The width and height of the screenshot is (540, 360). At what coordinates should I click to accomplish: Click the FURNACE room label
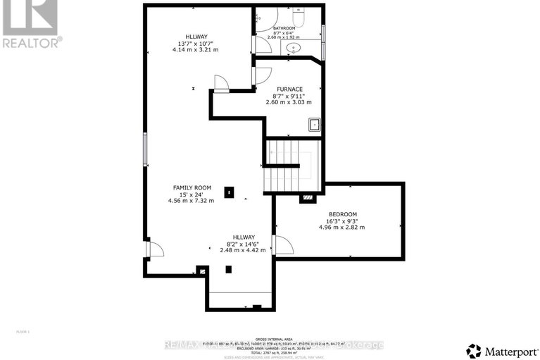coord(290,89)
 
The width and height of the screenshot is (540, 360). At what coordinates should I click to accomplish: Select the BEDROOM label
coord(343,214)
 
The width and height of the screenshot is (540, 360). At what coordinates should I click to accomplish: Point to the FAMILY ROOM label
coord(192,187)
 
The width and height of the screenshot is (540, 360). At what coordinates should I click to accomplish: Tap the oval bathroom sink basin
coord(291,49)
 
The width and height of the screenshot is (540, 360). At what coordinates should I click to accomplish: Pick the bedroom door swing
coord(283,245)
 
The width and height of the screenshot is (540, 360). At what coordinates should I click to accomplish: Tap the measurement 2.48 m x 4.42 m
coord(243,250)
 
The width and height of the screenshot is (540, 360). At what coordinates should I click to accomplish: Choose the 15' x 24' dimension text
coord(192,194)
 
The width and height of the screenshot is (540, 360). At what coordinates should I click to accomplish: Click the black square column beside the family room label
coord(228,192)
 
